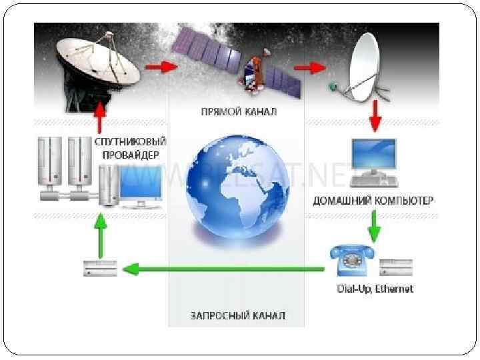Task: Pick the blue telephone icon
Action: (351, 260)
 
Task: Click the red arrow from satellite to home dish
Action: (309, 68)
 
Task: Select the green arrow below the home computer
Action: (374, 227)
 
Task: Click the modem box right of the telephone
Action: (396, 267)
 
